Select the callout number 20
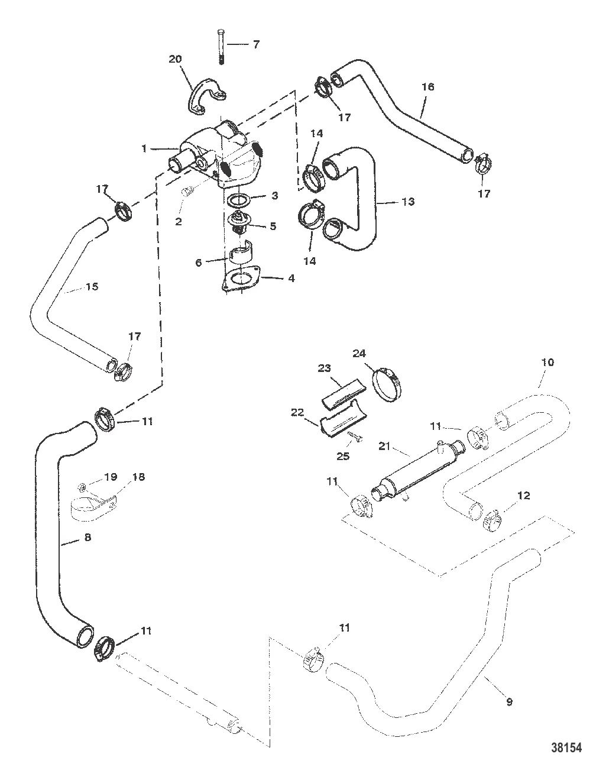(x=175, y=59)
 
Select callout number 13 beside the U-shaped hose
(x=407, y=202)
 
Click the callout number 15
(x=91, y=287)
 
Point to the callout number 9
(x=509, y=702)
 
